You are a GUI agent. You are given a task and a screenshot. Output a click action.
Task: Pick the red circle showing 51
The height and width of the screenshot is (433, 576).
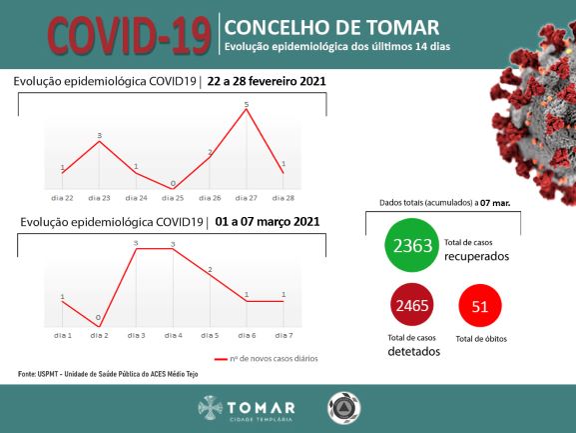pyautogui.click(x=480, y=306)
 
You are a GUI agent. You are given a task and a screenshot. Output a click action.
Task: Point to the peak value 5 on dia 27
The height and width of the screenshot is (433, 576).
pyautogui.click(x=247, y=104)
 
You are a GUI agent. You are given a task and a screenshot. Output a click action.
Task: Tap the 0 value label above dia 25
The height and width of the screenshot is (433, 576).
pyautogui.click(x=174, y=183)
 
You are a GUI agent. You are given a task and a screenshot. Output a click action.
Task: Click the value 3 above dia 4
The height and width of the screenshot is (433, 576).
pyautogui.click(x=173, y=243)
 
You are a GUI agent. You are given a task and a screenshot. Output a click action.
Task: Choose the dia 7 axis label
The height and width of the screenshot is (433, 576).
pyautogui.click(x=284, y=334)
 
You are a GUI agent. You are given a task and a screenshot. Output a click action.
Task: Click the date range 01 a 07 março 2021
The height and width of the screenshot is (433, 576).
pyautogui.click(x=266, y=221)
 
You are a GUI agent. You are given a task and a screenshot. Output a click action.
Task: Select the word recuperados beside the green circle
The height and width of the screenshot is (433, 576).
pyautogui.click(x=477, y=256)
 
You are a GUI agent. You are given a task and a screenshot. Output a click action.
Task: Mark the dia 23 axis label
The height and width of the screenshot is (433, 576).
pyautogui.click(x=99, y=199)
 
